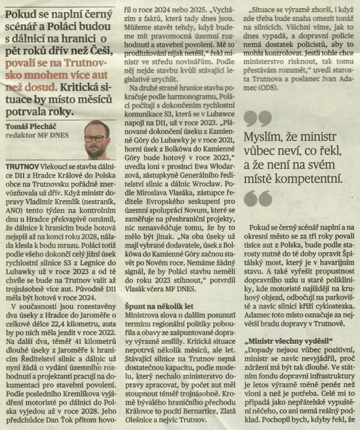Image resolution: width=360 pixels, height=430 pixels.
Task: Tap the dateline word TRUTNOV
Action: pos(22,166)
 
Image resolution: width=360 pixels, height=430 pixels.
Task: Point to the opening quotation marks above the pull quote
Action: pos(258,118)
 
